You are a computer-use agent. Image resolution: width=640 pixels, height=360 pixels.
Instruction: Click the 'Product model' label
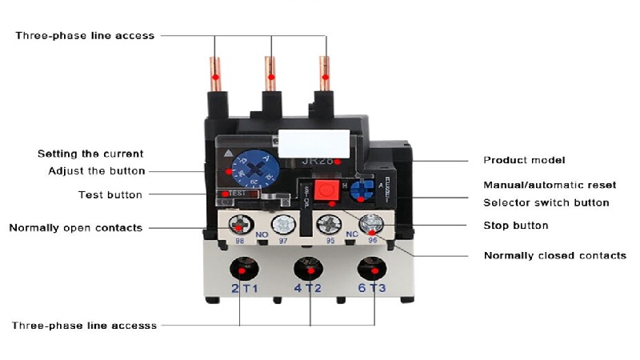coord(524,160)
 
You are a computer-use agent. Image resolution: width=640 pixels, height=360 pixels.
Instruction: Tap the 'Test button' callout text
coord(110,194)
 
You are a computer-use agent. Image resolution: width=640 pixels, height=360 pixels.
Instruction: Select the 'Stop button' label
coord(515,226)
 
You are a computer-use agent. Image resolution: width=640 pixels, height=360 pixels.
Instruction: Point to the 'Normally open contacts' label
coord(75,228)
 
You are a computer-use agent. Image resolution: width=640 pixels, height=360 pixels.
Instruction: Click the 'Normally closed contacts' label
coord(554,256)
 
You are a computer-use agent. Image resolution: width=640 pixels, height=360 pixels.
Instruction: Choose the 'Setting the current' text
coord(90,154)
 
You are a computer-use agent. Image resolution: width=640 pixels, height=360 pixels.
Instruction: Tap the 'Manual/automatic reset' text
coord(549,185)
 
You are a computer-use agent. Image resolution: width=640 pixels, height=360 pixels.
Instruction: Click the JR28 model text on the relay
coord(318,161)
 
